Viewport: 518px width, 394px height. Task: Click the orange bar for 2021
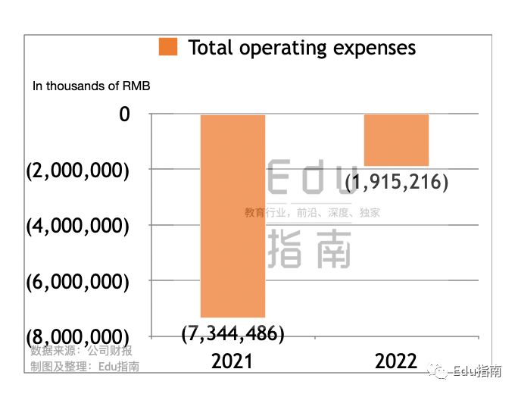pos(232,216)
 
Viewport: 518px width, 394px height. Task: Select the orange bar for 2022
pos(396,140)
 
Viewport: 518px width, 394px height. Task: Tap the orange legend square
pos(168,47)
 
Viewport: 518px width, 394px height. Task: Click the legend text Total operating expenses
pos(301,48)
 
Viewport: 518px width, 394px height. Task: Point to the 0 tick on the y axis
pos(124,114)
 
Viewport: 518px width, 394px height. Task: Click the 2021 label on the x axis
pos(232,361)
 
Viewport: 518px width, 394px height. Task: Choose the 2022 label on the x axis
pos(396,361)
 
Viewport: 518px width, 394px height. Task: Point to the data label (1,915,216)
pos(397,183)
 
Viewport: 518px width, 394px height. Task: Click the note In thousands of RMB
pos(91,86)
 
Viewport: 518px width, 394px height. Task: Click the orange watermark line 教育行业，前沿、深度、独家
pos(312,213)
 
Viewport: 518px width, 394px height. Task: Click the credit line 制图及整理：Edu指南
pos(85,367)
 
